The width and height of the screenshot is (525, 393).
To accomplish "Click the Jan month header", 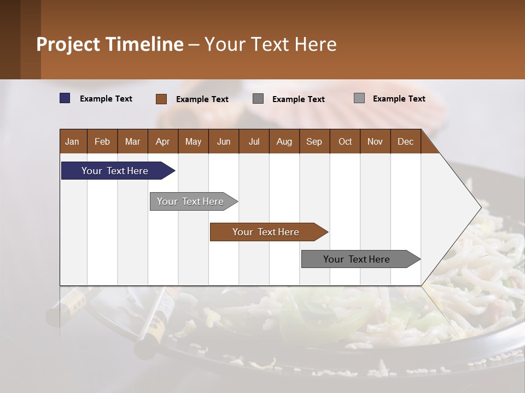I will point(72,141).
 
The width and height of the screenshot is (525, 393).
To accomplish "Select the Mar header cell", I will point(132,141).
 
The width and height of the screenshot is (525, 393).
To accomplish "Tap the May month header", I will point(193,141).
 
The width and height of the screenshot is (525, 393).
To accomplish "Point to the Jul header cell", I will point(254,141).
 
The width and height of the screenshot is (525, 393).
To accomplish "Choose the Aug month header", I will point(284,141).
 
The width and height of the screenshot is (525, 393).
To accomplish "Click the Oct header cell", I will point(345,141).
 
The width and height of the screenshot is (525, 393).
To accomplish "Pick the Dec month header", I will point(405,141).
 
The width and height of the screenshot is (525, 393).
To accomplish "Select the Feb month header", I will point(102,141).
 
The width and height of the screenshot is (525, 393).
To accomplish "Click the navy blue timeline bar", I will point(115,171).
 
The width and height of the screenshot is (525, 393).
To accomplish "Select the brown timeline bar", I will point(266,232).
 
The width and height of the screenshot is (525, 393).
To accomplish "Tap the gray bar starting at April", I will point(190,201).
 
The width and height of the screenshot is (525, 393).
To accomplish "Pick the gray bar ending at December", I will point(357,259).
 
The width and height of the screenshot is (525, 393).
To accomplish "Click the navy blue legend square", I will point(65,98).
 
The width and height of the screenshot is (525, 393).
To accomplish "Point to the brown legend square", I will point(161,99).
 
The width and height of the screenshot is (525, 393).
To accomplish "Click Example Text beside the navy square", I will point(106,99).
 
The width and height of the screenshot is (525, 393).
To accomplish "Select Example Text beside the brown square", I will point(202,99).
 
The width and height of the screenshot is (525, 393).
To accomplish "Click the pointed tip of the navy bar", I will point(173,171).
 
